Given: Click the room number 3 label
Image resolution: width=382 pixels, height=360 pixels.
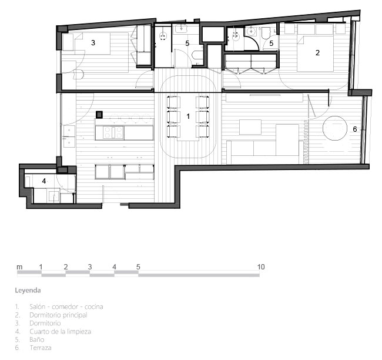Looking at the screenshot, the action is pyautogui.click(x=93, y=43).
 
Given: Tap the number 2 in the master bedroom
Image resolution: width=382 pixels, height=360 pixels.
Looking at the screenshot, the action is pyautogui.click(x=317, y=53).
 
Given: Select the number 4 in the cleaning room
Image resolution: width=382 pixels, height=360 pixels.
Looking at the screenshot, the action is pyautogui.click(x=44, y=181).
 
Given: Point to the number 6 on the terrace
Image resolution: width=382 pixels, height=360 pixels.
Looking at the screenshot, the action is pyautogui.click(x=355, y=129).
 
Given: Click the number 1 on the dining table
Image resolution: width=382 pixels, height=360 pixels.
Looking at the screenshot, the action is pyautogui.click(x=188, y=116).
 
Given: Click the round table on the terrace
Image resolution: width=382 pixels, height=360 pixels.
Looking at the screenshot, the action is pyautogui.click(x=335, y=128).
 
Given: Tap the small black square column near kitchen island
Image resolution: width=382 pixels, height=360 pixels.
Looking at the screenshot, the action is pyautogui.click(x=99, y=114).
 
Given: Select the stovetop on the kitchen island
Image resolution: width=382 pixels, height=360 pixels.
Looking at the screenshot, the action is pyautogui.click(x=113, y=132).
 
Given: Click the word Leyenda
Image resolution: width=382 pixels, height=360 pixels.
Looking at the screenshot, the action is pyautogui.click(x=28, y=291).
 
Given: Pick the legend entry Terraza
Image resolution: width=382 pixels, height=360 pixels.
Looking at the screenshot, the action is pyautogui.click(x=41, y=348).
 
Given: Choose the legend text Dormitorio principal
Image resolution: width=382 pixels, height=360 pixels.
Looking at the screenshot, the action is pyautogui.click(x=58, y=315).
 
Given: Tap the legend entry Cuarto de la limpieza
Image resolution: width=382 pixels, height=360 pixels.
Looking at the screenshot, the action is pyautogui.click(x=60, y=331).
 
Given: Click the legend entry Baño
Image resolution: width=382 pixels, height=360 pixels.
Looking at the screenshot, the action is pyautogui.click(x=37, y=339).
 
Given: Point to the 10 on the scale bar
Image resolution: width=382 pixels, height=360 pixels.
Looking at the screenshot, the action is pyautogui.click(x=261, y=267).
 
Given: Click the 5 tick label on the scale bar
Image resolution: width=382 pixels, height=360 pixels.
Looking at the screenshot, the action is pyautogui.click(x=138, y=267).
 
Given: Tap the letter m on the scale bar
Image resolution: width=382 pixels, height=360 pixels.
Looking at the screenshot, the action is pyautogui.click(x=19, y=267).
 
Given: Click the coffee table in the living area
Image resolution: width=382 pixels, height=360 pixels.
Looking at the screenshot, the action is pyautogui.click(x=250, y=127).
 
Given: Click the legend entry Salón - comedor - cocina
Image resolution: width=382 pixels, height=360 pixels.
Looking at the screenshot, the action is pyautogui.click(x=66, y=306).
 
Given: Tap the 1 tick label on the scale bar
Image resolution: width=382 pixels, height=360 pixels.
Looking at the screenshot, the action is pyautogui.click(x=41, y=267).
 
